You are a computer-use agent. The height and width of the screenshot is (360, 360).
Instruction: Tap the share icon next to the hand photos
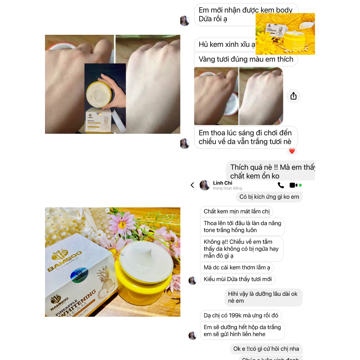pos(294,96)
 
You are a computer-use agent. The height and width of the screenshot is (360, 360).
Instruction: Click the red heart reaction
pos(292,151)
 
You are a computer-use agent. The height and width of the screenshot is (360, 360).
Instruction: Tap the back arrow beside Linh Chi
pos(192,185)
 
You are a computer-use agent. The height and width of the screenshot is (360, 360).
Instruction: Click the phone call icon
pos(281,185)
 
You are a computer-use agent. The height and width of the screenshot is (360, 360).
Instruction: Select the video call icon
pos(293,185)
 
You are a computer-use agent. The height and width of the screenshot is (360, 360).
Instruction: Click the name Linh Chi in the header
pos(223,183)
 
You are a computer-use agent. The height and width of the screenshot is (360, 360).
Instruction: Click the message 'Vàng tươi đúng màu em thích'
pos(246,59)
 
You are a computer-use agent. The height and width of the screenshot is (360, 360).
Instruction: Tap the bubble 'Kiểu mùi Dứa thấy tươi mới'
pos(238,279)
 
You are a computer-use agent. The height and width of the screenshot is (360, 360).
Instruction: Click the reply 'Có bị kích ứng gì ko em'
pos(269,197)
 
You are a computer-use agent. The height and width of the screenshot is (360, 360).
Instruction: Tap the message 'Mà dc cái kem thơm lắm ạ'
pos(237,268)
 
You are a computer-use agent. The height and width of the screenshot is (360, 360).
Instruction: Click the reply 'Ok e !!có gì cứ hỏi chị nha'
pos(266,349)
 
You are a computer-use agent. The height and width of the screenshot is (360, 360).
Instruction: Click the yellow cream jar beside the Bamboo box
pos(144,274)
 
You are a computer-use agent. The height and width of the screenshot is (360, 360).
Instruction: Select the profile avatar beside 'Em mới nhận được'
pos(185,21)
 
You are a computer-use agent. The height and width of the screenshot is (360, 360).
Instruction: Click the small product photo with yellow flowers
pos(285,34)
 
